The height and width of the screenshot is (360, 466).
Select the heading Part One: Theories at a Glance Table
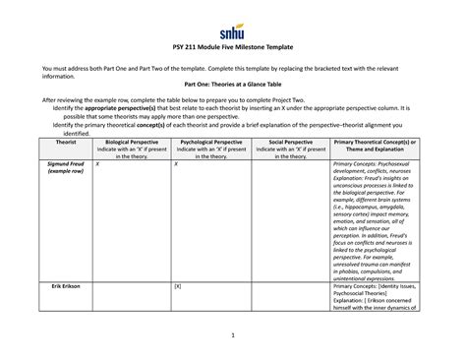pos(232,85)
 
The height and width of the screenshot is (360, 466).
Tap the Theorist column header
pos(45,142)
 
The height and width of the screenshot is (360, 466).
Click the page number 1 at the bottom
pos(232,336)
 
